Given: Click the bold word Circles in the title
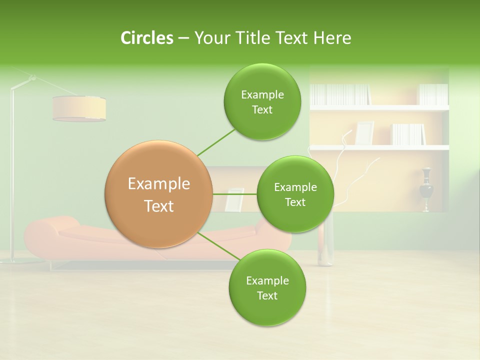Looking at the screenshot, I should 147,38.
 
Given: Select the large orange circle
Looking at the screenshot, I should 159,194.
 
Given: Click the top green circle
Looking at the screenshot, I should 262,102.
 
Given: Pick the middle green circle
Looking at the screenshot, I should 295,194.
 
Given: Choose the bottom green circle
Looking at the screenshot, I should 267,287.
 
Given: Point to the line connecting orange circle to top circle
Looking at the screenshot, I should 215,142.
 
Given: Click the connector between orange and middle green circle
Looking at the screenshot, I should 235,194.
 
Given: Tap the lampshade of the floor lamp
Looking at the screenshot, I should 79,108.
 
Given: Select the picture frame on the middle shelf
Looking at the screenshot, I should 364,133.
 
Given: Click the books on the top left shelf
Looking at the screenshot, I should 340,94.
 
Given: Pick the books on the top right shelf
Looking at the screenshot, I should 432,94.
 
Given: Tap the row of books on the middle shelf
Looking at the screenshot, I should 408,134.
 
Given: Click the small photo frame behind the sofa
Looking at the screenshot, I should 234,199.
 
